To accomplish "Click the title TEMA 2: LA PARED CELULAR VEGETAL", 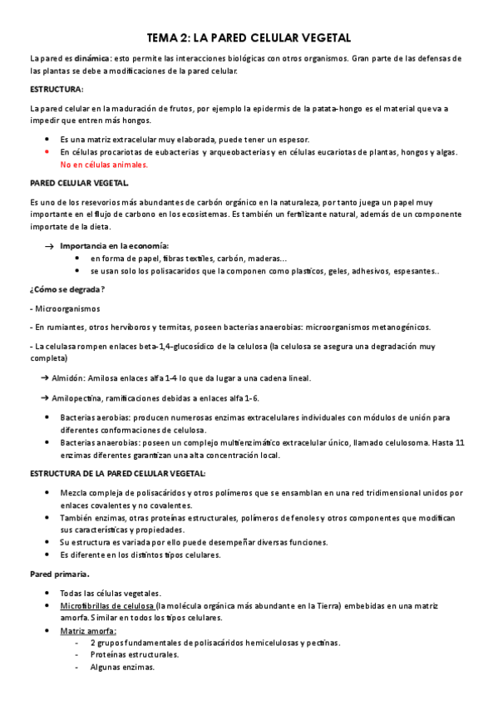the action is tap(249, 38).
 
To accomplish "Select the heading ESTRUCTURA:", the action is tap(57, 89).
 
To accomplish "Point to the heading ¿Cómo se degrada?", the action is tap(67, 288).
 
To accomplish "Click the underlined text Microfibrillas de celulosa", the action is tap(107, 605).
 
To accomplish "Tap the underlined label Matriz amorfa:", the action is tap(88, 630).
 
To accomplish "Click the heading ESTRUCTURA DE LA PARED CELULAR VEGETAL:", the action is tap(117, 473).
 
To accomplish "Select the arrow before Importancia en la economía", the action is tap(49, 247).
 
